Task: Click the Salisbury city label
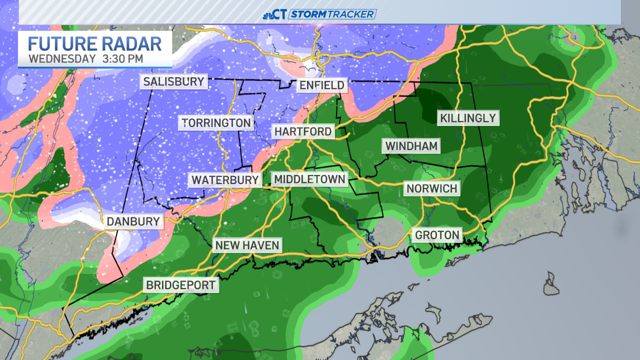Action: (173, 81)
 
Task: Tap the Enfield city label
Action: (321, 85)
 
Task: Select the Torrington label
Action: (216, 122)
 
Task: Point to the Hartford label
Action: (303, 131)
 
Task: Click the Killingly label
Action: (468, 118)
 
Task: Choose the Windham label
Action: (411, 146)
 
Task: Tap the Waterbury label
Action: (225, 179)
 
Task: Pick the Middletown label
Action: (309, 179)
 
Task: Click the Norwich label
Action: (431, 188)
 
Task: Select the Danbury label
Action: (133, 221)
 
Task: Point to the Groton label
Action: (436, 234)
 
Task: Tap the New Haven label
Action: (247, 245)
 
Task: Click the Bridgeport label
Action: (181, 285)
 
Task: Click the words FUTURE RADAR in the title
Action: (95, 43)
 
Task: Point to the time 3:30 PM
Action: (122, 58)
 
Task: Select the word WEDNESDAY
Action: (61, 58)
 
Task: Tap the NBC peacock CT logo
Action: (275, 14)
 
